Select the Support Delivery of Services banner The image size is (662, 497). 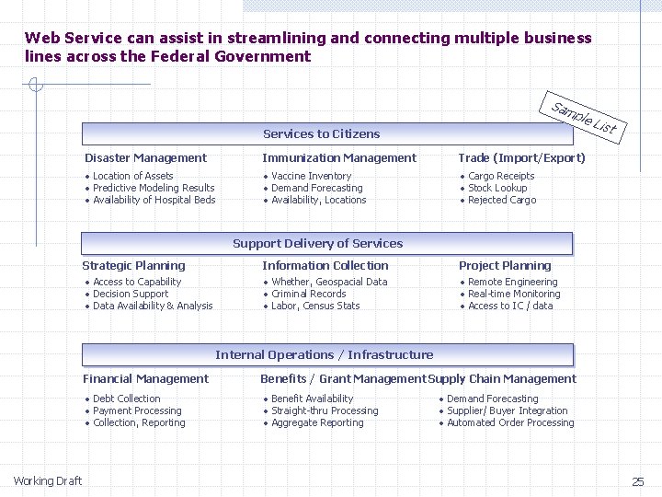pyautogui.click(x=318, y=244)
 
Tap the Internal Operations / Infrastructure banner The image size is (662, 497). pyautogui.click(x=325, y=355)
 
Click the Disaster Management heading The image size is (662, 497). pyautogui.click(x=145, y=158)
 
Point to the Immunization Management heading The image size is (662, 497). pyautogui.click(x=339, y=158)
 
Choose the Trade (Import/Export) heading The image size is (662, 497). pyautogui.click(x=522, y=158)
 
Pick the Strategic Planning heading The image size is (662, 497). pyautogui.click(x=133, y=266)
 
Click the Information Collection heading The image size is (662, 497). pyautogui.click(x=325, y=266)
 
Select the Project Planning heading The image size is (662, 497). pyautogui.click(x=505, y=266)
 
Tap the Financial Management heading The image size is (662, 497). pyautogui.click(x=145, y=379)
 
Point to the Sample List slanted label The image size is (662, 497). pyautogui.click(x=582, y=119)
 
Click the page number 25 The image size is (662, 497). pyautogui.click(x=638, y=481)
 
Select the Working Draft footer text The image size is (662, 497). pyautogui.click(x=47, y=481)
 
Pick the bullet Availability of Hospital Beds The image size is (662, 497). pyautogui.click(x=154, y=201)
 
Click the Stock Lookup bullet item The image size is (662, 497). pyautogui.click(x=497, y=189)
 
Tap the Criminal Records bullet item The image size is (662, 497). pyautogui.click(x=308, y=295)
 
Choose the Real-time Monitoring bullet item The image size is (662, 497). pyautogui.click(x=514, y=295)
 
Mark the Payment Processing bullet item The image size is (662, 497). pyautogui.click(x=137, y=411)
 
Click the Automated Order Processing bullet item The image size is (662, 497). pyautogui.click(x=510, y=423)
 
